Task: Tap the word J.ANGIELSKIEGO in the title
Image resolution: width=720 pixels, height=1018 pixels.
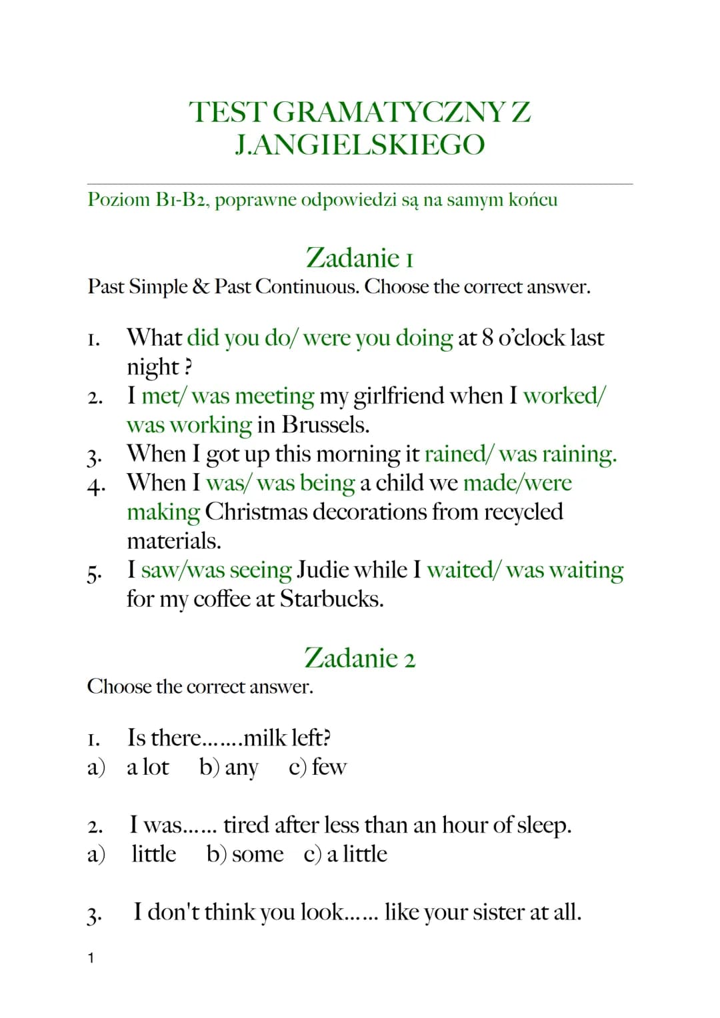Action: click(360, 145)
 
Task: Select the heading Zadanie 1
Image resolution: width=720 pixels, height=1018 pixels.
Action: click(360, 258)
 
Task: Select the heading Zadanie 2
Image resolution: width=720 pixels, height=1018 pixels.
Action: click(360, 658)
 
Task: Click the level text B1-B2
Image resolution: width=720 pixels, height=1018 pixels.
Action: click(181, 200)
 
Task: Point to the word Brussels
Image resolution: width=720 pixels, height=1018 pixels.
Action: click(325, 424)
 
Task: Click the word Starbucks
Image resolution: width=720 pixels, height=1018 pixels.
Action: click(331, 599)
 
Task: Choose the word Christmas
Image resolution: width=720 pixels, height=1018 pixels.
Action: click(256, 512)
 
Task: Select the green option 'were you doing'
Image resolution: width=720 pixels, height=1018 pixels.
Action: click(377, 338)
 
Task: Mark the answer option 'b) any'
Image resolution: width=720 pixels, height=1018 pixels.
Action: click(229, 767)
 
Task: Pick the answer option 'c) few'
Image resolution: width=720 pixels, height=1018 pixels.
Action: click(317, 767)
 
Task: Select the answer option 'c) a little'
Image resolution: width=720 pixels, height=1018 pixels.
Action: click(345, 854)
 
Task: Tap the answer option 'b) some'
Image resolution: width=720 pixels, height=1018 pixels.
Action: click(245, 854)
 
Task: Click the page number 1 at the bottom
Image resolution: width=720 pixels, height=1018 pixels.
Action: click(91, 958)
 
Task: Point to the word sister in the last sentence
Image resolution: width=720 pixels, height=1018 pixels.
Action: click(498, 912)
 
